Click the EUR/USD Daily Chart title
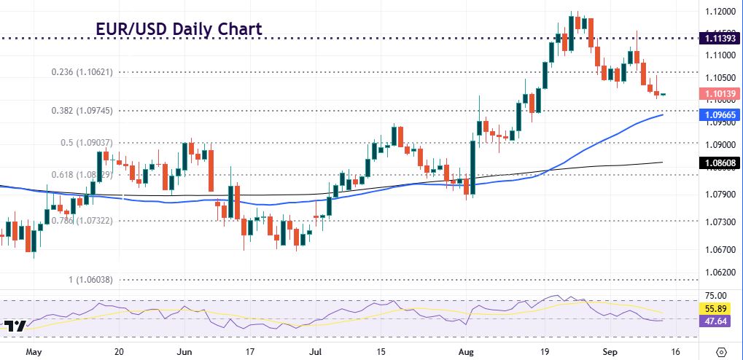[179, 29]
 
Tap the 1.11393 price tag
[718, 37]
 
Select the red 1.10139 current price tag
[718, 93]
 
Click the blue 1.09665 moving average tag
[718, 115]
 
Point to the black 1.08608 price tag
[718, 163]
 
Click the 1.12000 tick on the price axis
[718, 12]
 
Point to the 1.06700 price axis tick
[718, 249]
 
